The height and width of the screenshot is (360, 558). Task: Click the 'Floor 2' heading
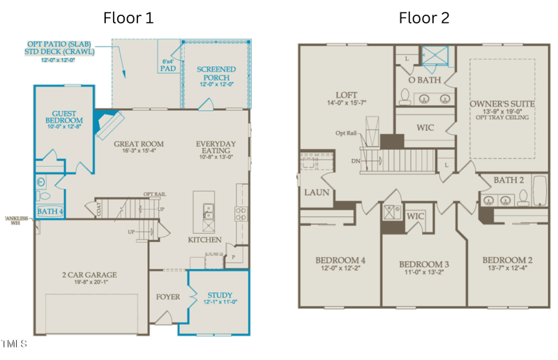[x=423, y=17]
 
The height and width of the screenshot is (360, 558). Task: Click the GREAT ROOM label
[x=138, y=144]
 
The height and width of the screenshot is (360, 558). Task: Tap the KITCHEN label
[x=204, y=240]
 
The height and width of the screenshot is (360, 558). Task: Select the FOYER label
[x=167, y=297]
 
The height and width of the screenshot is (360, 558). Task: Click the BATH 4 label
[x=50, y=211]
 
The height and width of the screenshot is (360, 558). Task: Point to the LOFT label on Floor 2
[x=346, y=94]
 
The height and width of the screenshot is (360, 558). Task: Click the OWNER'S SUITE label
[x=502, y=104]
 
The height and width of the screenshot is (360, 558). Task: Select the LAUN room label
[x=316, y=192]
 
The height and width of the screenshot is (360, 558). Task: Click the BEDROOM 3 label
[x=423, y=264]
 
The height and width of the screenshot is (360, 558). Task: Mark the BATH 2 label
[x=508, y=181]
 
